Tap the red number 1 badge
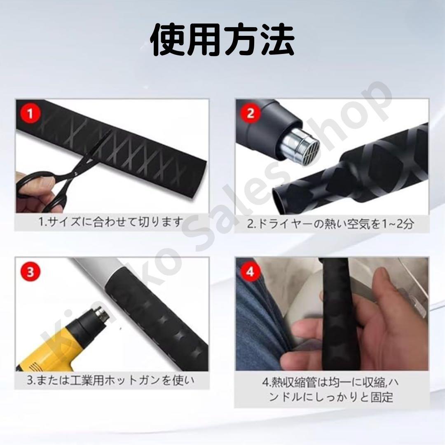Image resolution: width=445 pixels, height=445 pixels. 32,113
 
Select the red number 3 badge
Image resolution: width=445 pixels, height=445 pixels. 32,272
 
